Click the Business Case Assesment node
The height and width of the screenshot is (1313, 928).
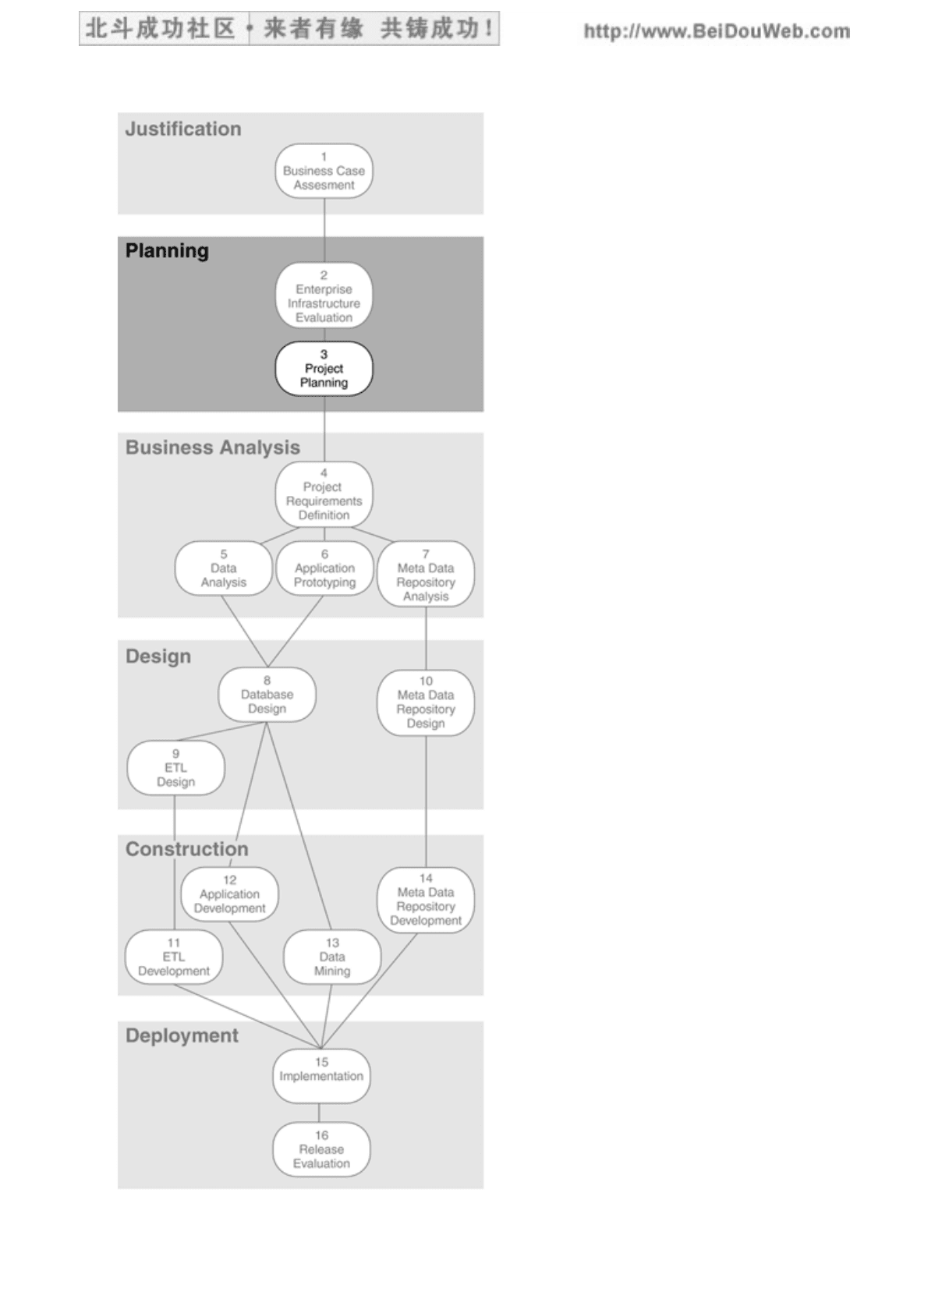coord(324,171)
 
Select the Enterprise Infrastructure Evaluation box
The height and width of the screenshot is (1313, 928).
coord(324,296)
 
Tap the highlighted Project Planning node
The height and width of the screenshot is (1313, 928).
coord(324,369)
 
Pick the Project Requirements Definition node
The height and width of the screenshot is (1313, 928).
coord(324,494)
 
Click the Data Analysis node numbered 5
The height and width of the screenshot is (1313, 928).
coord(223,568)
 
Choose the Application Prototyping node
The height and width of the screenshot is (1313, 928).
coord(324,568)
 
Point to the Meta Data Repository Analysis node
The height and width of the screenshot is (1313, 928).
coord(426,574)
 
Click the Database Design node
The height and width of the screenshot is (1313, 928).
coord(267,695)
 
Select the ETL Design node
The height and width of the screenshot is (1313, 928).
coord(175,768)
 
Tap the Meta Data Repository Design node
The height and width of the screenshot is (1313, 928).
coord(426,703)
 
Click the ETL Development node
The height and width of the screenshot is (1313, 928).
coord(174,957)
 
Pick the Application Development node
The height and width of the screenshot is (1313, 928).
coord(229,894)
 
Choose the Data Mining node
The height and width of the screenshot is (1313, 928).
coord(331,957)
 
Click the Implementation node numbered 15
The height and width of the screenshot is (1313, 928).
coord(321,1076)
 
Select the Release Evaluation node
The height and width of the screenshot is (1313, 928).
coord(321,1149)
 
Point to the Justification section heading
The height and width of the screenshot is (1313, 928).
coord(183,129)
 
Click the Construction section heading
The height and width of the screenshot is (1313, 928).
coord(186,849)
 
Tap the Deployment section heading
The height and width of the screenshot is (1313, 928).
coord(182,1035)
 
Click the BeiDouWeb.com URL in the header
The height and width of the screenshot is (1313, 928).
coord(717,31)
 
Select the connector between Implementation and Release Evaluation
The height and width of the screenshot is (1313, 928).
coord(320,1113)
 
